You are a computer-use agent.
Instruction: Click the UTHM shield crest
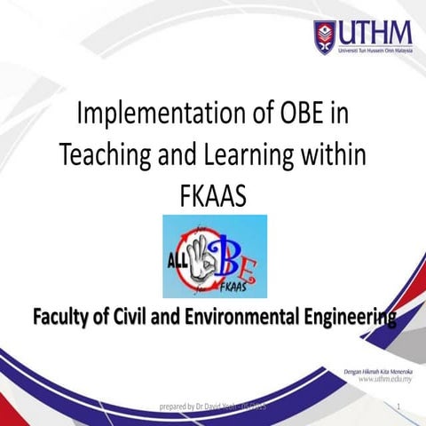click(x=325, y=34)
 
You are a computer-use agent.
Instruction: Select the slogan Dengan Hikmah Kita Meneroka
click(x=376, y=367)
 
